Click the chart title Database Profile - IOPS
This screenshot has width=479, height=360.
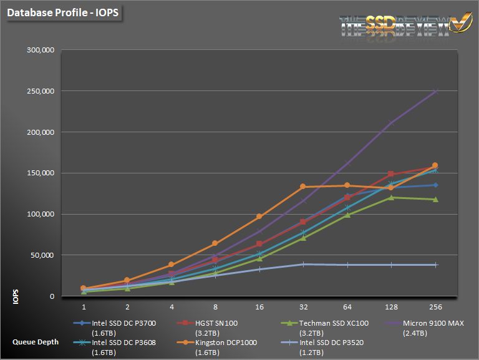57,12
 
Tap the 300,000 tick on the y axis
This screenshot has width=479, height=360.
41,51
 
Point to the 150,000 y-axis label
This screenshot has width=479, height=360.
41,173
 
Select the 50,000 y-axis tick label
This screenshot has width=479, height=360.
42,255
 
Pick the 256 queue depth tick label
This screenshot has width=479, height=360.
435,307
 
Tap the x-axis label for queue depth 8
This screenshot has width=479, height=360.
215,307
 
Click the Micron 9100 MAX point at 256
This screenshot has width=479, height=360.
435,91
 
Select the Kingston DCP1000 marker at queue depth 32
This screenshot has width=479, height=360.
303,187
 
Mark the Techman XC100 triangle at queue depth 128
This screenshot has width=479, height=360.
391,198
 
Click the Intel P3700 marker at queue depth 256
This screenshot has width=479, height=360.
435,185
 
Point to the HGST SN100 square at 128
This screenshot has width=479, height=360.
391,174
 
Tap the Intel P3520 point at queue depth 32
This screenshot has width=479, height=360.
303,264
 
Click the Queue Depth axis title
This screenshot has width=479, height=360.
35,342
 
